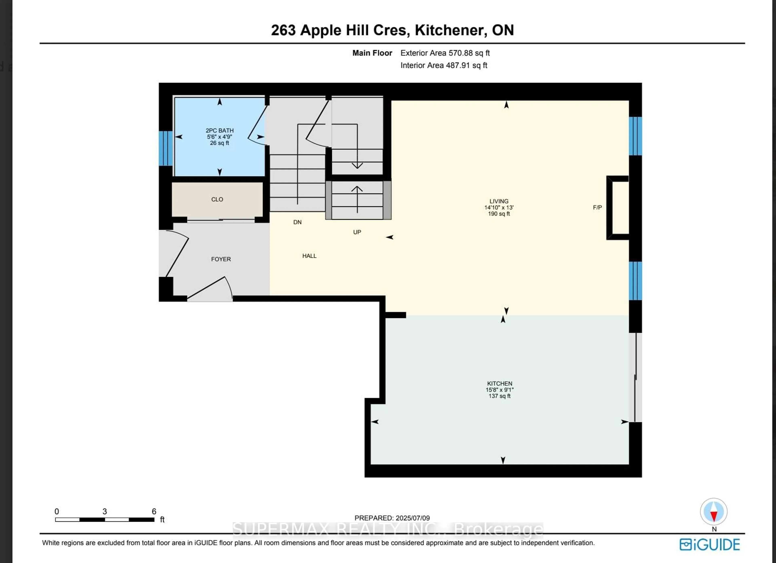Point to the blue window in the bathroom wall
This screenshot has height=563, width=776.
coord(166,148)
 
